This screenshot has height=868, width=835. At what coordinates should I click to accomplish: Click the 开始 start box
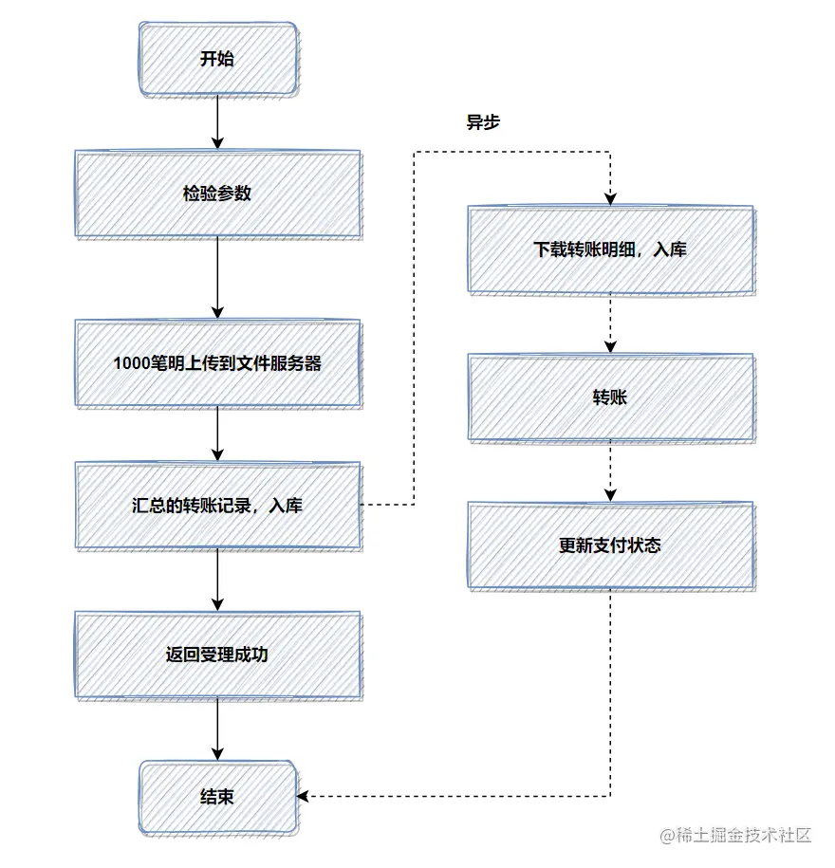click(217, 59)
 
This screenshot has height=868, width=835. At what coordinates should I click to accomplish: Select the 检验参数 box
click(217, 193)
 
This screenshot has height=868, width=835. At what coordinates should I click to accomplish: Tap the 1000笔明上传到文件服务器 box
click(217, 362)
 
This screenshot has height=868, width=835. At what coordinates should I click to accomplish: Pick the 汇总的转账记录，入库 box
click(217, 505)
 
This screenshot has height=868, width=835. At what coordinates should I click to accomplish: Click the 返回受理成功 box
click(217, 654)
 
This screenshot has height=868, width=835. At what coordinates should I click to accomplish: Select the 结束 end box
click(217, 797)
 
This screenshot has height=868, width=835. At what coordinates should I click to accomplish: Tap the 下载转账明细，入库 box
click(610, 249)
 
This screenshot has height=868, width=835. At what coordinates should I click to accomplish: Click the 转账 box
click(610, 397)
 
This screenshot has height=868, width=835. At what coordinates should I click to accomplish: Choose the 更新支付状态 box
click(610, 545)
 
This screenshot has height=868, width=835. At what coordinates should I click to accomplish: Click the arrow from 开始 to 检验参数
click(217, 121)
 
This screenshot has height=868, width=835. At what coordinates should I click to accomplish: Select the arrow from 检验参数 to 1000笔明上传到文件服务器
click(217, 277)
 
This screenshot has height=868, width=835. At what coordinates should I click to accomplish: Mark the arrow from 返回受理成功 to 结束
click(217, 729)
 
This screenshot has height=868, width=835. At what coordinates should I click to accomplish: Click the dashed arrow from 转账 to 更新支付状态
click(610, 471)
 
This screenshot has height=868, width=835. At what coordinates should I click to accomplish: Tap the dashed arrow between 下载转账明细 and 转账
click(610, 323)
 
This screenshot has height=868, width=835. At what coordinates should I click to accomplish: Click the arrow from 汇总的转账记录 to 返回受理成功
click(217, 579)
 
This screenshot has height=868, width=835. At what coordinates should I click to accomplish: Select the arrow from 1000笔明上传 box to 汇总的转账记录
click(217, 434)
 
